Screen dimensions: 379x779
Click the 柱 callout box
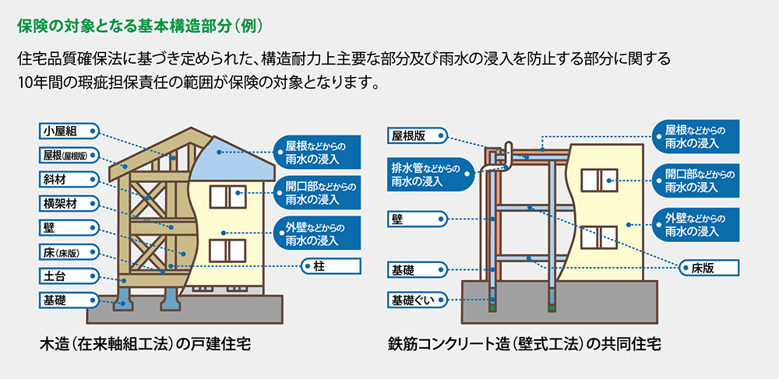click(x=330, y=266)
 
